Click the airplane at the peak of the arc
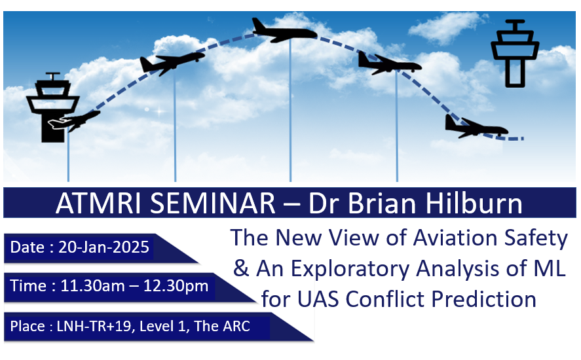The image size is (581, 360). click(284, 31)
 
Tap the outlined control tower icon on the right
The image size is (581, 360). click(515, 53)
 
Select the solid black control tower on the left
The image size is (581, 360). click(52, 107)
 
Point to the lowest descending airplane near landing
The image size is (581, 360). click(476, 127)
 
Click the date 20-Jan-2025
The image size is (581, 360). click(103, 247)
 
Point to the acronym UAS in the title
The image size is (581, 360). click(318, 299)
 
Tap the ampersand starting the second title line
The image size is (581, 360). click(241, 268)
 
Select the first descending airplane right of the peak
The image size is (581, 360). click(390, 63)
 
